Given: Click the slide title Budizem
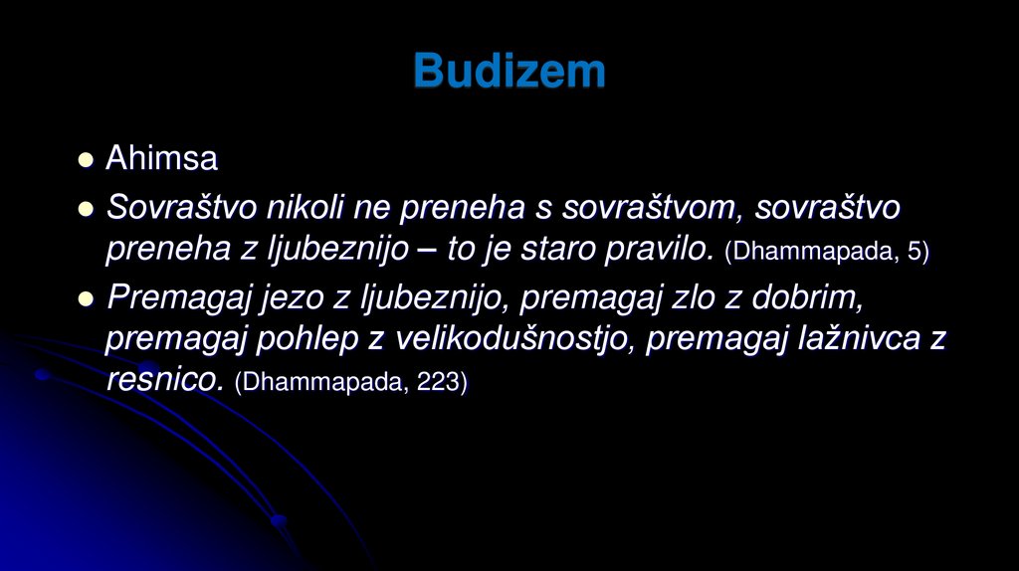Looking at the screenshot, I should coord(509,72).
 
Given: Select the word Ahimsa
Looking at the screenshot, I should coord(162,158).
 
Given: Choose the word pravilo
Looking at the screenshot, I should coord(658,249).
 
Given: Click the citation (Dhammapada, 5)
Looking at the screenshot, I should coord(827,251).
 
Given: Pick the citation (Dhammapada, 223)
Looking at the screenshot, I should coord(350,382).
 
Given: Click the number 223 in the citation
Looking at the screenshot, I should coord(437,382).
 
